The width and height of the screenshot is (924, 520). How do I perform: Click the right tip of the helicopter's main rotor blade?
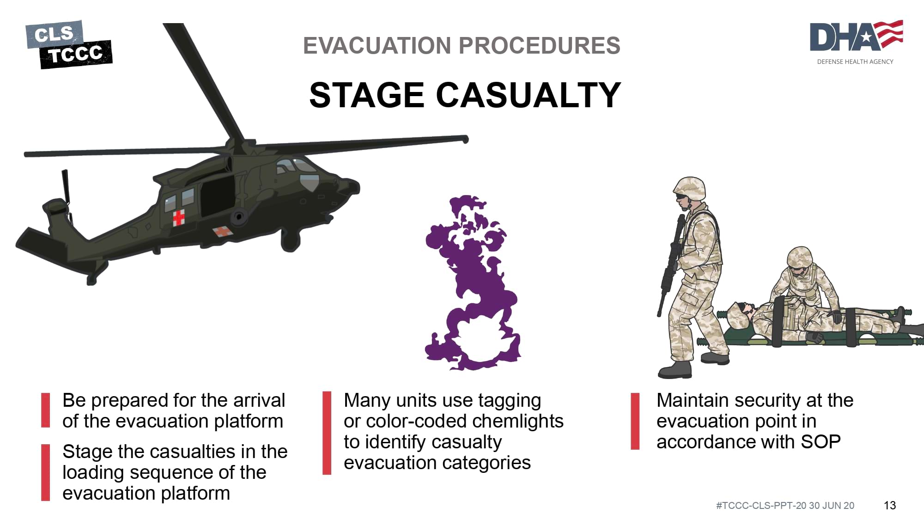pos(467,139)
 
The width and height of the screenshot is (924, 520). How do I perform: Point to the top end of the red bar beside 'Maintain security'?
pos(635,394)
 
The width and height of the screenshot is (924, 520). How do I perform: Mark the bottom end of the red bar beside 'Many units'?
pos(327,474)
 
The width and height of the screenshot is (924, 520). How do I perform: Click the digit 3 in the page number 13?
pos(893,506)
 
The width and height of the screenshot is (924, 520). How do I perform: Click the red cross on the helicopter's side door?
pos(179,217)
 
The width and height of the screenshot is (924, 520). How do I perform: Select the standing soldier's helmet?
pos(690,188)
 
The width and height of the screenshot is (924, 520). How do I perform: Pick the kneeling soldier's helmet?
pos(800,257)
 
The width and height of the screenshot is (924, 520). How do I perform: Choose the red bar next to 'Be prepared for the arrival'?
pos(45,410)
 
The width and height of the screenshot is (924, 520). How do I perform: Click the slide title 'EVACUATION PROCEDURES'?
pos(462,45)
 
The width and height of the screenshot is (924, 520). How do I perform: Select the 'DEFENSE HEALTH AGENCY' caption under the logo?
pos(855,61)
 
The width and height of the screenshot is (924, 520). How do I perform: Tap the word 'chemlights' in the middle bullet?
pos(518,421)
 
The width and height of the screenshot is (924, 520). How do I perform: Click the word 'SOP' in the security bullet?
pos(821,442)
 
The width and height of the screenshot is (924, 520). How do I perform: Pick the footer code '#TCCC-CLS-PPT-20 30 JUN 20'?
pos(785,506)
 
